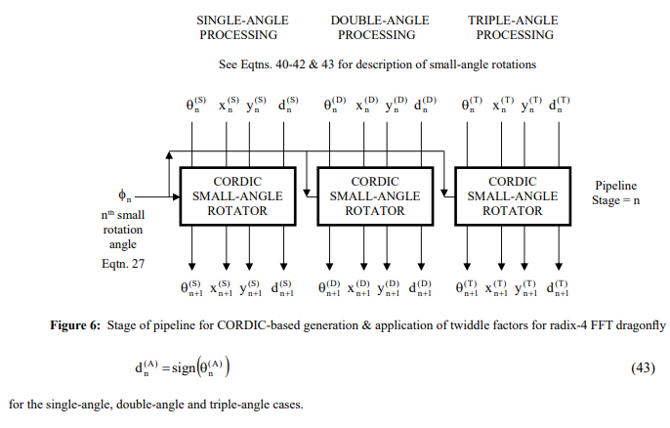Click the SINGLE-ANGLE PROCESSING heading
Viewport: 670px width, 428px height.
(x=242, y=27)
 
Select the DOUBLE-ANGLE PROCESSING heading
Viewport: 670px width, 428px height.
(x=379, y=27)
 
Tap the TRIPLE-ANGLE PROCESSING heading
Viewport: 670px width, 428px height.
(x=513, y=27)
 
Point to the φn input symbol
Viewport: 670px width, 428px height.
(x=124, y=195)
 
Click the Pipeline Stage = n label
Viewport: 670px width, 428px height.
(x=615, y=193)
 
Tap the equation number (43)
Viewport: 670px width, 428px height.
(x=643, y=367)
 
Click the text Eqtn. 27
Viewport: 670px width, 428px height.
(x=123, y=264)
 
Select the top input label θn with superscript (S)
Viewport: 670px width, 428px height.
(x=195, y=104)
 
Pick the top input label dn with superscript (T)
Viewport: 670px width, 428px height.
(x=559, y=104)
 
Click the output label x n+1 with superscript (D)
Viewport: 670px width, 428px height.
(x=358, y=287)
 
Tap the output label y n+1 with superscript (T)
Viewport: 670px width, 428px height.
(x=525, y=287)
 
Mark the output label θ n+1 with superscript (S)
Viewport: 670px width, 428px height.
(x=191, y=287)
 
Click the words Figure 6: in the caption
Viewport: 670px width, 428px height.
(x=75, y=325)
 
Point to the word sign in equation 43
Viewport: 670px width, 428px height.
(x=184, y=367)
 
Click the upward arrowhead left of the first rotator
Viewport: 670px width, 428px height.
(x=169, y=154)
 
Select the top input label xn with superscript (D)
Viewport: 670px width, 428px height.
(x=367, y=104)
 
